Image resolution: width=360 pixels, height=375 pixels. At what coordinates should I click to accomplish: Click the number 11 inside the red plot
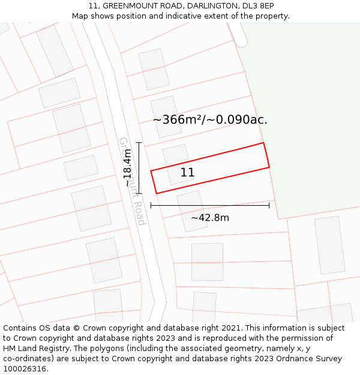[x=187, y=173]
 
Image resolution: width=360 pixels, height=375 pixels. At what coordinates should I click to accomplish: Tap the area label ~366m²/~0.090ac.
[x=210, y=120]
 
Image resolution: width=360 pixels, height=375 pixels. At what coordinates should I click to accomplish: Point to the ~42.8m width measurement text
[x=210, y=218]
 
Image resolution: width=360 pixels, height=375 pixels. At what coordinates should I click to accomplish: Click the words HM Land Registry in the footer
[x=32, y=349]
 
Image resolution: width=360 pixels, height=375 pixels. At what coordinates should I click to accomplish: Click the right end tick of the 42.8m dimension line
[x=269, y=205]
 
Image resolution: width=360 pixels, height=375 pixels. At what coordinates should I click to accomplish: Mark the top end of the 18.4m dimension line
[x=139, y=143]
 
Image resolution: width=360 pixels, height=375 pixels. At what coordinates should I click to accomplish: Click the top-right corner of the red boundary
[x=263, y=143]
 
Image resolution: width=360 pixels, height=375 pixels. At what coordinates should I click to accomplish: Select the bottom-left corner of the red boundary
[x=157, y=193]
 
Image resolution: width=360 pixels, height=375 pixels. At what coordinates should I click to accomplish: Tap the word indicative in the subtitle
[x=181, y=16]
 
